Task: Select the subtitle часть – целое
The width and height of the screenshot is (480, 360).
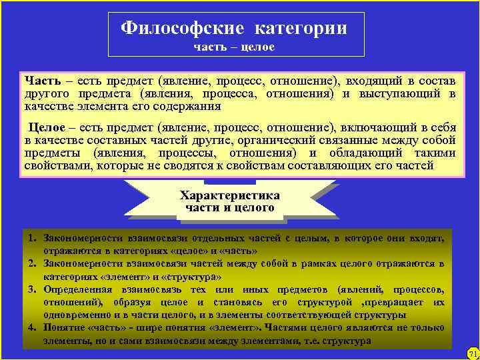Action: coord(234,47)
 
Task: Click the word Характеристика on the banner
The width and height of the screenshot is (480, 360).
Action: coord(230,195)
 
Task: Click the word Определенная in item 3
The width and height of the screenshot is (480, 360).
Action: coord(77,290)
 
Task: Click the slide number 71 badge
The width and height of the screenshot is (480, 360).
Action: coord(473,353)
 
